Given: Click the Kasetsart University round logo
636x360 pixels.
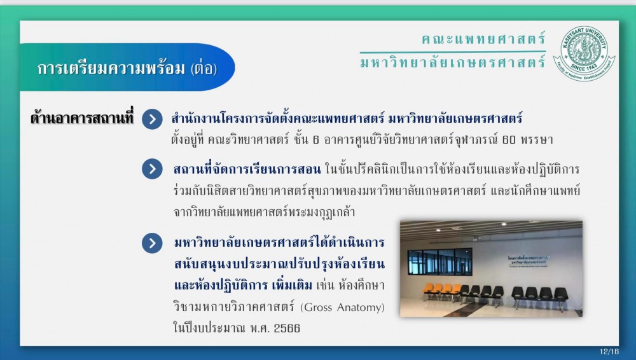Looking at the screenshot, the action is (x=584, y=53).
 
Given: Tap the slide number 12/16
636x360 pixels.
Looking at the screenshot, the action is (x=609, y=352).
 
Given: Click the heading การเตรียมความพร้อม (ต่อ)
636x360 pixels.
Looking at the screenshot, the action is (x=127, y=68).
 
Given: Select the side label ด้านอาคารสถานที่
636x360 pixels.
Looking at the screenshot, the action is (x=82, y=118).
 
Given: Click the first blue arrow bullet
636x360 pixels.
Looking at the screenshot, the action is (x=152, y=119).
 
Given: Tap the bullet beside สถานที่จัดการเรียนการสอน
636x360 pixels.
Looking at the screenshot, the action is (x=152, y=169).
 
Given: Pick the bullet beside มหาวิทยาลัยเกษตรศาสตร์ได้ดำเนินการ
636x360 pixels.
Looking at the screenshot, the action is (x=152, y=243).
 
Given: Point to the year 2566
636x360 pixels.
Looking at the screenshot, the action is (x=287, y=328).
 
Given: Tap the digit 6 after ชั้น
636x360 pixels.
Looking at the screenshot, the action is (x=316, y=140).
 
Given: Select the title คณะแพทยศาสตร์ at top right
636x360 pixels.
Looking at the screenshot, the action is (x=483, y=39).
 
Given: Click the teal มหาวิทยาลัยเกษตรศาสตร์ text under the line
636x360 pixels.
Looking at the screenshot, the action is (x=453, y=62).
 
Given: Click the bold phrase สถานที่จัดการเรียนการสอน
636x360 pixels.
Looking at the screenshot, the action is (x=247, y=169).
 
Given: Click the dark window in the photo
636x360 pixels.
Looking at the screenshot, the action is (x=439, y=261).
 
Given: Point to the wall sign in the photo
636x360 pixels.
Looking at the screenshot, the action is (x=529, y=261).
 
